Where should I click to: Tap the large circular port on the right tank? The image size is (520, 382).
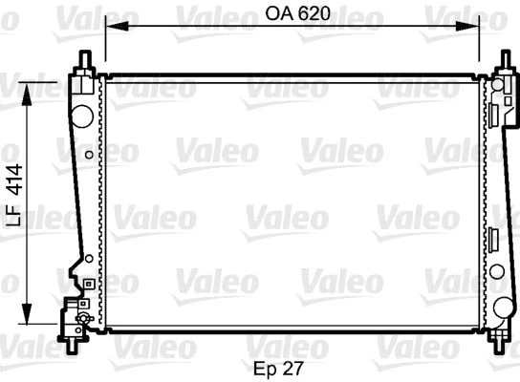(x=503, y=307)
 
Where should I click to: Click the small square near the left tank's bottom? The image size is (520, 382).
(x=86, y=283)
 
